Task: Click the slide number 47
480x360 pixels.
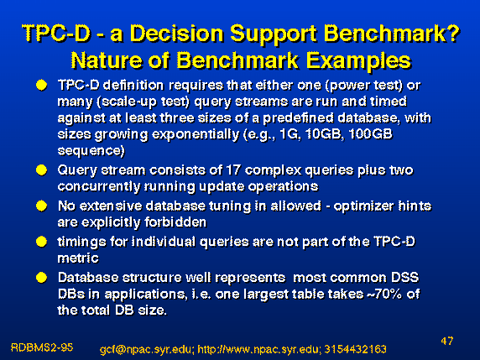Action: (x=447, y=341)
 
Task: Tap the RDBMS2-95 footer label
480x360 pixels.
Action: (x=42, y=347)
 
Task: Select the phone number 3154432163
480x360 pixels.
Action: (x=355, y=349)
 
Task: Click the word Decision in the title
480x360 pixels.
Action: (x=176, y=33)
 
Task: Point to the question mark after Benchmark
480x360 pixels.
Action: (x=453, y=33)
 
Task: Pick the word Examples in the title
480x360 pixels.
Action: (x=359, y=61)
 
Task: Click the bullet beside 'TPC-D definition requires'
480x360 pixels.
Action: (x=41, y=85)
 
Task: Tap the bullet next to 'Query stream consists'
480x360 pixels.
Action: (x=41, y=170)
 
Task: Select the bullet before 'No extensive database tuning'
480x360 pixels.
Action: (x=41, y=206)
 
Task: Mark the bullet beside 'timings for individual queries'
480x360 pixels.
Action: (x=41, y=242)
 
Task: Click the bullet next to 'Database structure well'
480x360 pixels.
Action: (x=41, y=278)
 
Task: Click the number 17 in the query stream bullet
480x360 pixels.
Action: (x=233, y=170)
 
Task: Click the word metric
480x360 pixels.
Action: (x=78, y=258)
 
